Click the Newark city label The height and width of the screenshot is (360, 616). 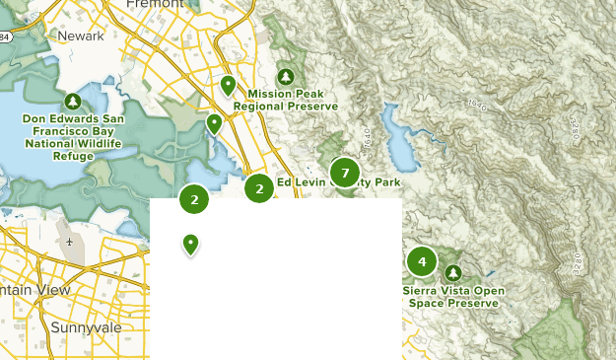[x=81, y=36]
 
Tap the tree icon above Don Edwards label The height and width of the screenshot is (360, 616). [x=73, y=101]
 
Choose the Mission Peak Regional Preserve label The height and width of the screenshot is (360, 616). [x=286, y=100]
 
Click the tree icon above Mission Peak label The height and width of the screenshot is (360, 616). [x=286, y=76]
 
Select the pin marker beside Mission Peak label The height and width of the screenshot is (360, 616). [x=228, y=86]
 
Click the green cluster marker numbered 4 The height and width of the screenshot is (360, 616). [x=422, y=261]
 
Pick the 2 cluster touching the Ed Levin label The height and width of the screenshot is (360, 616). [x=259, y=187]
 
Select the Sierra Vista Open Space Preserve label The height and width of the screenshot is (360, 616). [x=452, y=297]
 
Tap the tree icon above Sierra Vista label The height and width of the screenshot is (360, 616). [x=452, y=272]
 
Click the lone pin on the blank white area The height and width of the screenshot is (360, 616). [x=191, y=244]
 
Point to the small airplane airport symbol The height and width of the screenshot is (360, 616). [x=70, y=242]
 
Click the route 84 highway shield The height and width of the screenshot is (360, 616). [x=5, y=37]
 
